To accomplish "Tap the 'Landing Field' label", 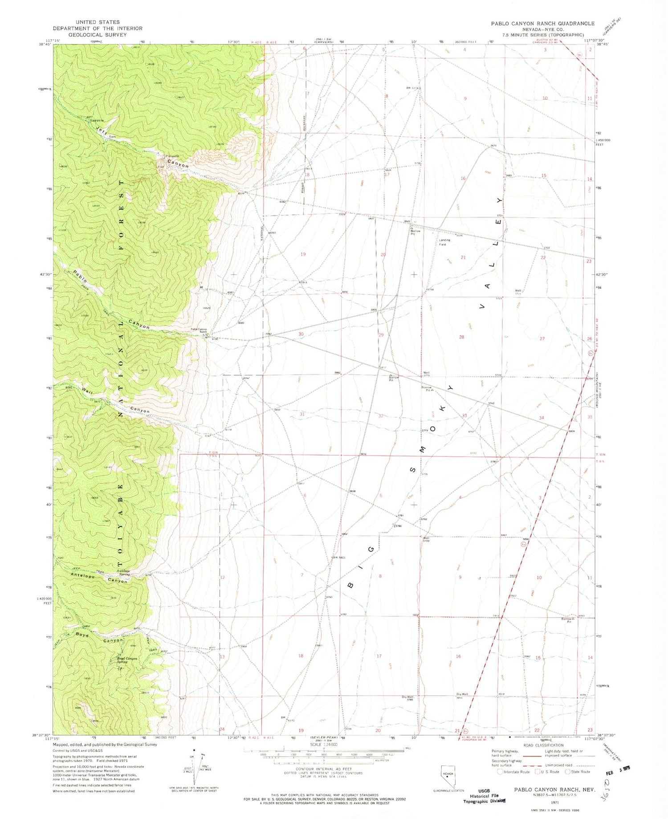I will pyautogui.click(x=444, y=242).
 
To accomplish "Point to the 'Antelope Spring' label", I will pyautogui.click(x=124, y=573).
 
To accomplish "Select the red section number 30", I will pyautogui.click(x=301, y=334).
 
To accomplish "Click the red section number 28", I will pyautogui.click(x=461, y=337).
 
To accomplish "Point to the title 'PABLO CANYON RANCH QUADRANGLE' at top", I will pyautogui.click(x=542, y=24).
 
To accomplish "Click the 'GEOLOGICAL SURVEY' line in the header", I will pyautogui.click(x=98, y=35).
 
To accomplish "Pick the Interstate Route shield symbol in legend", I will pyautogui.click(x=501, y=772).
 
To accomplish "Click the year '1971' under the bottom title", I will pyautogui.click(x=554, y=802).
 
